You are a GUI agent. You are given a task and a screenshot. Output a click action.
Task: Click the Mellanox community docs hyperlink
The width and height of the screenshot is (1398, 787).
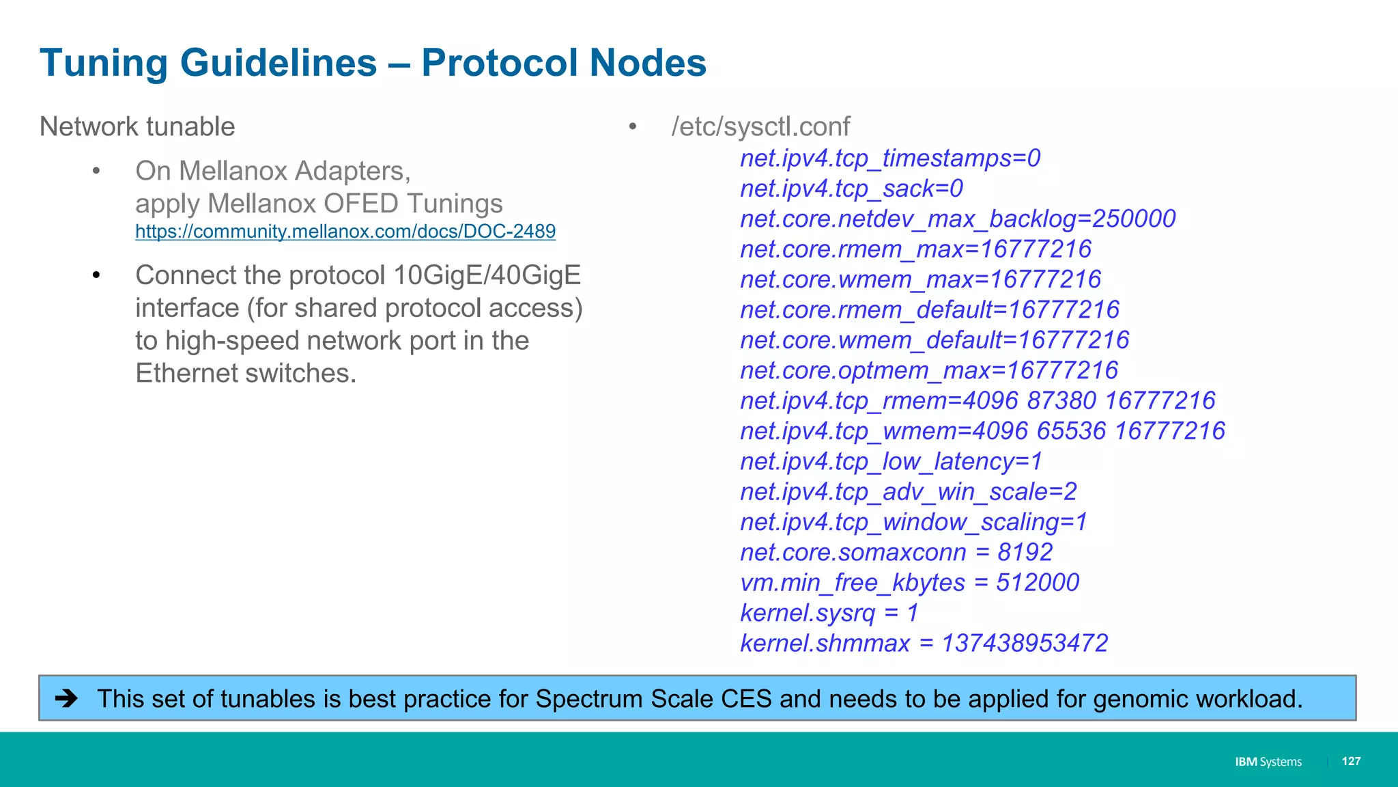pos(345,232)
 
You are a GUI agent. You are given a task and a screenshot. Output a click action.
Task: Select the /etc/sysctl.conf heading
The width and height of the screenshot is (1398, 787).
pos(760,127)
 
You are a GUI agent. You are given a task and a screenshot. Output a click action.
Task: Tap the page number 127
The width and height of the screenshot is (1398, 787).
pos(1351,761)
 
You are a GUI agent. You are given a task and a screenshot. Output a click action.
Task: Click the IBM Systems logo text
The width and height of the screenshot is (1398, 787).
pos(1268,762)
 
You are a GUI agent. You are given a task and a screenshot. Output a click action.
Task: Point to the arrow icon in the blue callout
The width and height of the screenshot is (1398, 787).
pos(67,698)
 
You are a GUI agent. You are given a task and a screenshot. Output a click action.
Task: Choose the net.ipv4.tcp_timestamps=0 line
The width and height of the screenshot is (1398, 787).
pos(890,158)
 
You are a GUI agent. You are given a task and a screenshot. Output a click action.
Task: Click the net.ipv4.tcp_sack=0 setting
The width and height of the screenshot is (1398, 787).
pos(851,189)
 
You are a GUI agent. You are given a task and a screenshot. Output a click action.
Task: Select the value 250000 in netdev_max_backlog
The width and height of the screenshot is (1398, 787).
pos(1134,219)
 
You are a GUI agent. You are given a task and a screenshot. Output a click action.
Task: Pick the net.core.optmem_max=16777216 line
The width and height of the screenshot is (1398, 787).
pos(929,370)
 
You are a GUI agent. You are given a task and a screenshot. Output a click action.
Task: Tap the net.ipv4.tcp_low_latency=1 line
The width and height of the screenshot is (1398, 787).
pos(891,462)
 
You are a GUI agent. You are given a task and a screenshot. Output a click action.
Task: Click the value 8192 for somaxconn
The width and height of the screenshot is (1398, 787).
pos(1025,552)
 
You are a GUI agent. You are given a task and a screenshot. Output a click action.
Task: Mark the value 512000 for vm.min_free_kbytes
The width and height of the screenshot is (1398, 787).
pos(1038,583)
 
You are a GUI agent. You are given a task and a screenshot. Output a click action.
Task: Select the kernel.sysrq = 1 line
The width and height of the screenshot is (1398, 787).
pos(829,613)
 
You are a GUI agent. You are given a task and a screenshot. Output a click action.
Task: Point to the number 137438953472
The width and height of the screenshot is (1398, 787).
pos(1025,644)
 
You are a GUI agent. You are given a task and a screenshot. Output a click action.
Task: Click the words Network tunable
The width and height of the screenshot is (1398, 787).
pos(137,127)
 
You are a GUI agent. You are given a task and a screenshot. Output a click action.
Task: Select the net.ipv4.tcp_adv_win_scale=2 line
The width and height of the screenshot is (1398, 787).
pos(909,492)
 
